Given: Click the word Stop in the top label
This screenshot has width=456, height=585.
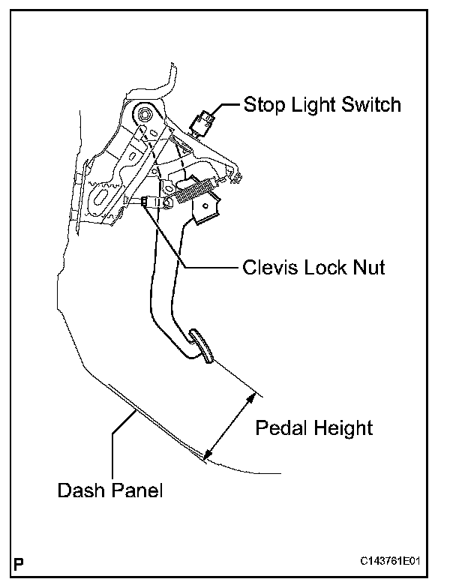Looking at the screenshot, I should tap(261, 104).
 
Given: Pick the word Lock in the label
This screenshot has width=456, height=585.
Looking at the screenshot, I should tap(325, 267).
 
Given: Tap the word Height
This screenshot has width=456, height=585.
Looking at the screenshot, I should tap(341, 428).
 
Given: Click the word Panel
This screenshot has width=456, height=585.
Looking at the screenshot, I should tap(136, 491).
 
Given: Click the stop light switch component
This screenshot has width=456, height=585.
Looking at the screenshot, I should tap(205, 119).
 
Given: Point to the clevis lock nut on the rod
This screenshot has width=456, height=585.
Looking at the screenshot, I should tap(145, 201).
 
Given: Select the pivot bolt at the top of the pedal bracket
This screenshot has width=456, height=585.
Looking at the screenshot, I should tap(143, 115).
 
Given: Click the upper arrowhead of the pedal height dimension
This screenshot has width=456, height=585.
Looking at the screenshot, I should tap(250, 396).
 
